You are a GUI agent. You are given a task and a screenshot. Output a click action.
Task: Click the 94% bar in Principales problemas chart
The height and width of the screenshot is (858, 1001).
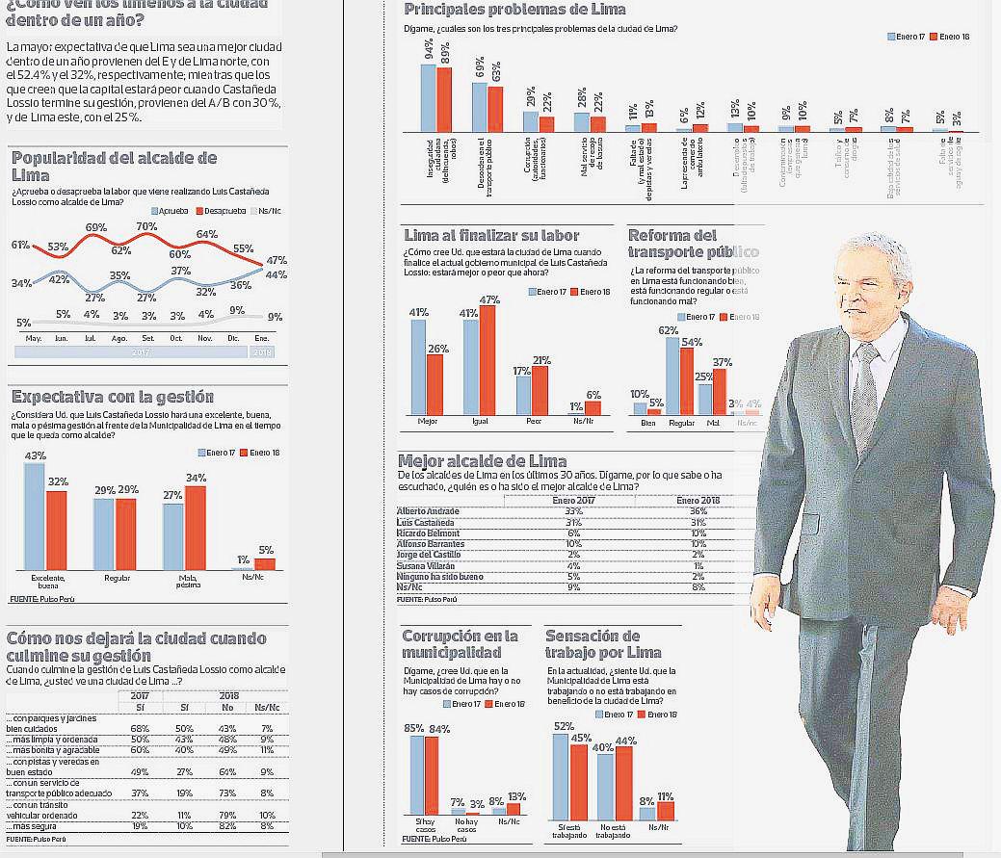pyautogui.click(x=429, y=96)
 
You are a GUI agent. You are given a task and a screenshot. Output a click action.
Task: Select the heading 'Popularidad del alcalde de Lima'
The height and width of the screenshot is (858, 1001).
pyautogui.click(x=114, y=166)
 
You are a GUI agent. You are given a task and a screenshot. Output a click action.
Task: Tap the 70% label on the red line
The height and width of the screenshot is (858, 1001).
pyautogui.click(x=146, y=227)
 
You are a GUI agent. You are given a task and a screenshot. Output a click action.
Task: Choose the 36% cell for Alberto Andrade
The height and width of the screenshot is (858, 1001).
pyautogui.click(x=698, y=510)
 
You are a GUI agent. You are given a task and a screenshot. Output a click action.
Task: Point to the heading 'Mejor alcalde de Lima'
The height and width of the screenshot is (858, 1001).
pyautogui.click(x=482, y=461)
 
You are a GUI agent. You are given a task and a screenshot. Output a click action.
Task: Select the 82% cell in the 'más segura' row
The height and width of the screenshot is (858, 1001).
pyautogui.click(x=229, y=826)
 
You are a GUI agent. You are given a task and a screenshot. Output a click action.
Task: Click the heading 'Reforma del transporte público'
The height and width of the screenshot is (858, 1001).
pyautogui.click(x=693, y=244)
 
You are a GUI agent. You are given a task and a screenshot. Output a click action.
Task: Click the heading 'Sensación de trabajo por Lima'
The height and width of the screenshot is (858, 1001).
pyautogui.click(x=605, y=644)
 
